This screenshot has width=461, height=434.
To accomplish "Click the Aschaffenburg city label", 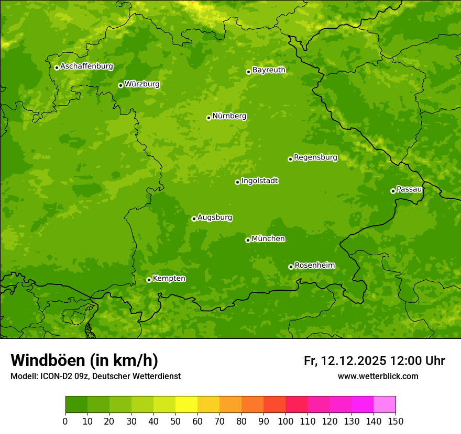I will point(86,66).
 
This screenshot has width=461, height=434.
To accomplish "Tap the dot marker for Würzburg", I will point(120,85).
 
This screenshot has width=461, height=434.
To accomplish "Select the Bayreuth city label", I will point(269,70).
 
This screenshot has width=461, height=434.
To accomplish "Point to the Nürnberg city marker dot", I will point(208,118).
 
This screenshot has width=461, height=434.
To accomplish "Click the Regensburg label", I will point(315,157).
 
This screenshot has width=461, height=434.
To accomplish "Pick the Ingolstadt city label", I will point(259,181).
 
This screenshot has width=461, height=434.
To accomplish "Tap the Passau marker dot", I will point(393,191).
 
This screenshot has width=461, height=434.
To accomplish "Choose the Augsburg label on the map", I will point(215,218).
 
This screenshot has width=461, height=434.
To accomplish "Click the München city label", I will point(268,239).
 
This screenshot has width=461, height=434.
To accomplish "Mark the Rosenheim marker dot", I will point(291,267).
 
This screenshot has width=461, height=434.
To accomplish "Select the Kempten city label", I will point(169,279).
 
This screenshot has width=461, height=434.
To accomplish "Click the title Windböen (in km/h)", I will point(84,361).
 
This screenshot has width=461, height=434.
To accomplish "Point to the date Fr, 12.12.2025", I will point(345,361).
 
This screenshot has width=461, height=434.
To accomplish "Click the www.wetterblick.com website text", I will point(378,376).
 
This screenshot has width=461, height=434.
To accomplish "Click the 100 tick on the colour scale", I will point(286,421).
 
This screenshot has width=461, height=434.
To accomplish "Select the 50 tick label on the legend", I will point(175,421).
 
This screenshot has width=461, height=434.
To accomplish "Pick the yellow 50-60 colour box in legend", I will point(186,405).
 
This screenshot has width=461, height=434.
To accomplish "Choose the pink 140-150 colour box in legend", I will point(385,405).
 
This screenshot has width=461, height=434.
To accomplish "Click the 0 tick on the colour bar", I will point(65,421).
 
